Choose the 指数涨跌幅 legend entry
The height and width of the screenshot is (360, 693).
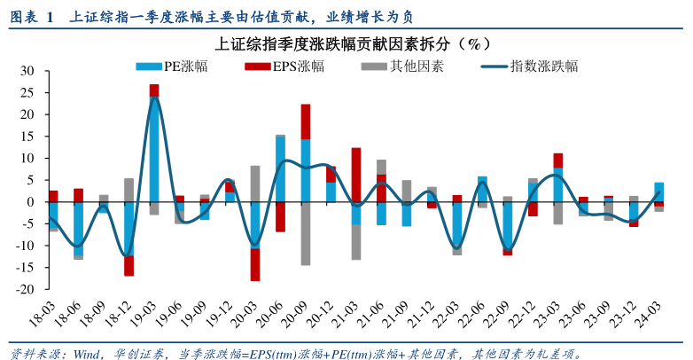pos(542,66)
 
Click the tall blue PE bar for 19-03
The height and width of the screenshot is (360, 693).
pos(154,151)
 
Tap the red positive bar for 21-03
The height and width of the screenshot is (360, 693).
pos(356,175)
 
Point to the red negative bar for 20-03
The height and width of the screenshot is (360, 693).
pos(255,264)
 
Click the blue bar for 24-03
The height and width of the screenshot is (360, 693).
pos(658,192)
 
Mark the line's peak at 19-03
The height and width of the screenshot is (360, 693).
pos(155,97)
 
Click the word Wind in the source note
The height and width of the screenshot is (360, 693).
pos(87,352)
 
